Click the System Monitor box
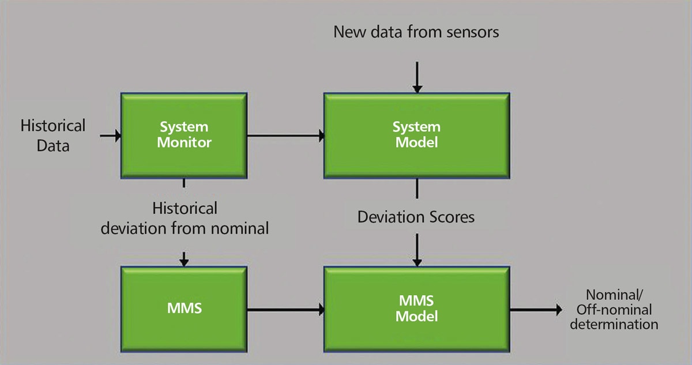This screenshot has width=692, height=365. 184,136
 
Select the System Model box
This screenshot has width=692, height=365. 417,136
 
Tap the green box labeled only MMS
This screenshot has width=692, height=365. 184,309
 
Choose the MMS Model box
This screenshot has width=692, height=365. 417,309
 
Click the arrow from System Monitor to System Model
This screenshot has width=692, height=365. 286,136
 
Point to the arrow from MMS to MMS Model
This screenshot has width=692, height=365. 286,310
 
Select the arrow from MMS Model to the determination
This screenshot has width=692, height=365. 536,310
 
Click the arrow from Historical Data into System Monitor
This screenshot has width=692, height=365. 111,136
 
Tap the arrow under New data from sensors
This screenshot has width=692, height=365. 417,77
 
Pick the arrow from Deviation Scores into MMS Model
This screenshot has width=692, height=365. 417,250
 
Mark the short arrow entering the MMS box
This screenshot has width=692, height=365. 184,259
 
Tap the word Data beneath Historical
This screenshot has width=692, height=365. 53,146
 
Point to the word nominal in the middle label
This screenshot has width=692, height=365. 240,229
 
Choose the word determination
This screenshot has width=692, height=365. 614,325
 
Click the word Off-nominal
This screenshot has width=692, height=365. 614,310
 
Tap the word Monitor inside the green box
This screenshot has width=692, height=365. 184,142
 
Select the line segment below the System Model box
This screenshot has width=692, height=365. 417,189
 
